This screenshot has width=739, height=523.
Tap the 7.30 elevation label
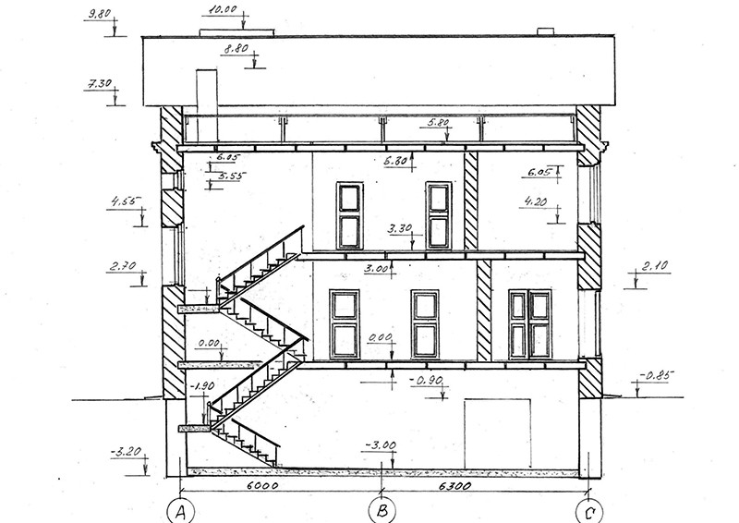pos(96,84)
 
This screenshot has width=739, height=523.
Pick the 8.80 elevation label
pos(235,50)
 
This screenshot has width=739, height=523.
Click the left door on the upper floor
pos(350,215)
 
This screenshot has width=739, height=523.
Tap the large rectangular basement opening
pos(498,432)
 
